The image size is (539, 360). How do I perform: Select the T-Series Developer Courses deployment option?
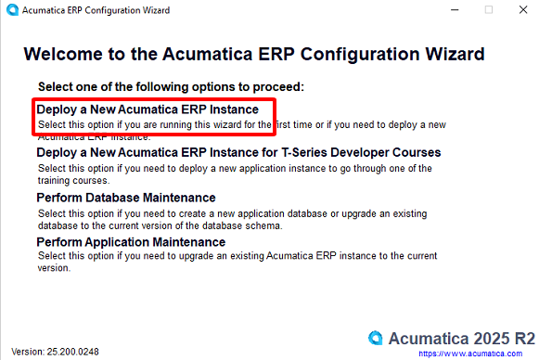[x=238, y=152]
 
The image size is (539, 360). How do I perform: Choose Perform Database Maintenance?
[x=126, y=198]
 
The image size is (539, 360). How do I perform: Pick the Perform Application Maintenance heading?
[x=131, y=242]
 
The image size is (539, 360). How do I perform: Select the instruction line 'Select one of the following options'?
[x=172, y=87]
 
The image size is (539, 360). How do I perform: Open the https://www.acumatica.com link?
[x=477, y=354]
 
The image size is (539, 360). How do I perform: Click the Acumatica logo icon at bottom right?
[x=376, y=337]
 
